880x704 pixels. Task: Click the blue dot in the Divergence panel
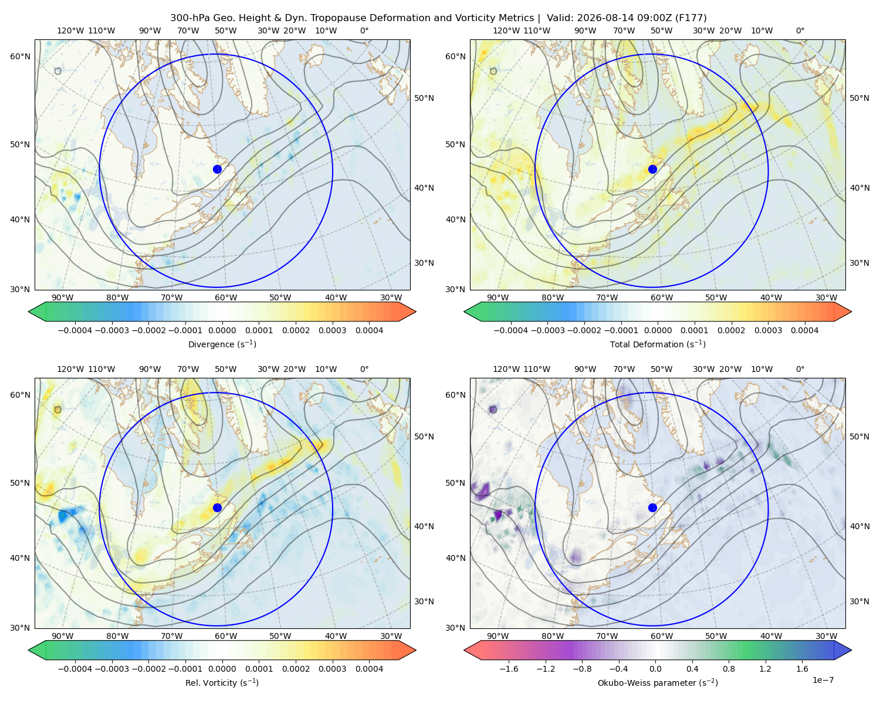tap(217, 170)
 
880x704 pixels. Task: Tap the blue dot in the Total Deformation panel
tap(652, 170)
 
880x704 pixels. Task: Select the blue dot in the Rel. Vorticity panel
tap(217, 507)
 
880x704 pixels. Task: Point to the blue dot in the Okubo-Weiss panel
tap(652, 507)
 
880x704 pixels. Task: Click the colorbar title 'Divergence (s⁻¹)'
tap(222, 344)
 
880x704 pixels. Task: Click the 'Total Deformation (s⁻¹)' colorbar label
tap(658, 344)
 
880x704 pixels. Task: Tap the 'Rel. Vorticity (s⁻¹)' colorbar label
tap(222, 683)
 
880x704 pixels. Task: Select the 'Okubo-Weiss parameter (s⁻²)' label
tap(658, 683)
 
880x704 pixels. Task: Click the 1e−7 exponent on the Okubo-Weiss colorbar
tap(823, 681)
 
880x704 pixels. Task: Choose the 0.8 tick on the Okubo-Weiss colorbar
tap(729, 669)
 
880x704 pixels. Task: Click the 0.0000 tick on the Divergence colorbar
tap(222, 330)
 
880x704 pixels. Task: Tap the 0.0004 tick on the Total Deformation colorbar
tap(805, 330)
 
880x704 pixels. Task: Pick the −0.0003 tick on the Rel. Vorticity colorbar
tap(111, 669)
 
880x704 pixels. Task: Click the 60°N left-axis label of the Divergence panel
tap(20, 56)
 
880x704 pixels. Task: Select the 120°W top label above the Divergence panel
tap(70, 31)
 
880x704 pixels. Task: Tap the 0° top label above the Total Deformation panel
tap(800, 31)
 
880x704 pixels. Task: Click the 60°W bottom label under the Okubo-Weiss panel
tap(661, 636)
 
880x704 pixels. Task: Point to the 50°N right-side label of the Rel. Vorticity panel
tap(424, 436)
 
